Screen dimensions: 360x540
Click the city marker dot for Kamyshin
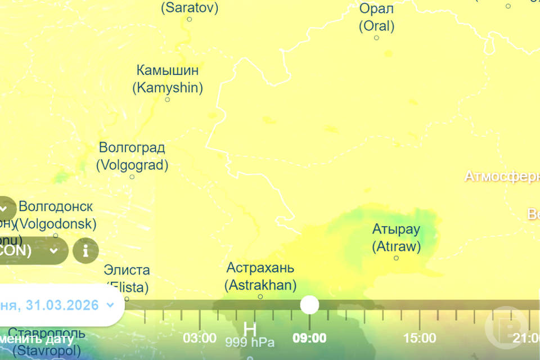tap(167, 100)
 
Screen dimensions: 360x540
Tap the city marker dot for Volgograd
tap(132, 177)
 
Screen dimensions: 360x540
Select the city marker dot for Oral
tap(376, 38)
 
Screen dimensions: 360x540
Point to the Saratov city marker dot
tap(190, 19)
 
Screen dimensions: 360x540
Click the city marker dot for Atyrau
tap(396, 258)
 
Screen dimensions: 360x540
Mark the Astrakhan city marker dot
tap(260, 296)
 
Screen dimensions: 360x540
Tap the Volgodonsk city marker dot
tap(56, 236)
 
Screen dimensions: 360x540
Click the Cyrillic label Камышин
tap(168, 71)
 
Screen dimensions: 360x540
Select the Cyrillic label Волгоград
tap(132, 148)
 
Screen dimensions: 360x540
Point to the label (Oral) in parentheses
tap(376, 26)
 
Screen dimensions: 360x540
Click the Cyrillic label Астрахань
tap(260, 268)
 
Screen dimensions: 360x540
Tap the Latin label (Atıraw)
tap(396, 246)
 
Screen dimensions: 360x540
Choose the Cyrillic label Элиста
tap(127, 270)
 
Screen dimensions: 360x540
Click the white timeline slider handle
tap(309, 305)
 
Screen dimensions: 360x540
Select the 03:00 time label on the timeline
tap(199, 338)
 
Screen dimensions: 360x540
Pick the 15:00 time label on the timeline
tap(420, 338)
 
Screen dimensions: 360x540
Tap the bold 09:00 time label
tap(309, 338)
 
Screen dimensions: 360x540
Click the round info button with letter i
tap(85, 251)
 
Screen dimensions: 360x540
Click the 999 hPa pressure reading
tap(250, 342)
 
